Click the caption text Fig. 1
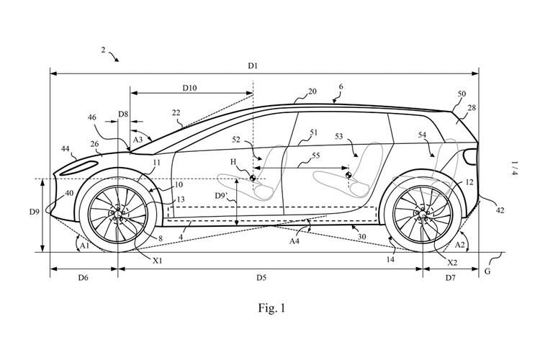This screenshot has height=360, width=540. click(271, 308)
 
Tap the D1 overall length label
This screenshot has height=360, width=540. click(253, 66)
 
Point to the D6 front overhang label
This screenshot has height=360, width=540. click(81, 276)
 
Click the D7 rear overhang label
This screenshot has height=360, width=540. click(450, 276)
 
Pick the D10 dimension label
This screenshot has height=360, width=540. click(189, 87)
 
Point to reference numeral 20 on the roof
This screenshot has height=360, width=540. click(312, 91)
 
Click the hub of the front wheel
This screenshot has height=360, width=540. click(117, 214)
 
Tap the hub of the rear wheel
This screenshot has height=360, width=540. click(422, 214)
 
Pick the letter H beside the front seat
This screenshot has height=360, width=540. click(233, 163)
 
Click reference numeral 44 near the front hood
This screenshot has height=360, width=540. click(66, 148)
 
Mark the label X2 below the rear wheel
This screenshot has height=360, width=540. click(452, 264)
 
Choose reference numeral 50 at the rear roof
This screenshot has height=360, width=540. click(462, 94)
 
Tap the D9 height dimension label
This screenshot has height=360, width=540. click(33, 212)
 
